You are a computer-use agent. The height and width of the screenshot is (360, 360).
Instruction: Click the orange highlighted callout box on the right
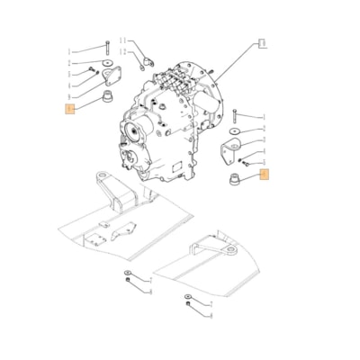coord(264,175)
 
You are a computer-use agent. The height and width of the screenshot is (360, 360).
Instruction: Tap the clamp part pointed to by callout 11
coord(144,60)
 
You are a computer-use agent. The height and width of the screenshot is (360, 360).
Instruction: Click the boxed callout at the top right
coord(261,42)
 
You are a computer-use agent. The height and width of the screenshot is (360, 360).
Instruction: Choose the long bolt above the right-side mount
coord(233,115)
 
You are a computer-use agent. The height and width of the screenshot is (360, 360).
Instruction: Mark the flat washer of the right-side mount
coord(233,132)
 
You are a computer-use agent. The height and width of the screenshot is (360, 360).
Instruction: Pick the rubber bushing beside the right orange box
coord(232,175)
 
